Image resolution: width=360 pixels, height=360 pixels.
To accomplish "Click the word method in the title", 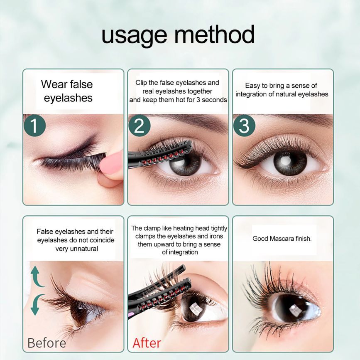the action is (214, 34).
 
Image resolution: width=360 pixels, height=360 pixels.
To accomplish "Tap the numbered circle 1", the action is (34, 126).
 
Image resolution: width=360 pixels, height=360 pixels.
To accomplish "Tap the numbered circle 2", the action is (140, 126).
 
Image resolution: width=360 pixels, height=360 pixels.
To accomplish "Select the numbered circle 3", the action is (244, 126).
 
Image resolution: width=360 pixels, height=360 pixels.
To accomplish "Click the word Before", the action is (47, 343).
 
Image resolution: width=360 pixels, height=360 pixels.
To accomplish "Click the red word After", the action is (147, 343).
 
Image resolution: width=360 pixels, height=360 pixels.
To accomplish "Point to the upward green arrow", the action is (36, 276).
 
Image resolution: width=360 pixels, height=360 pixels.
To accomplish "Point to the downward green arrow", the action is (37, 304).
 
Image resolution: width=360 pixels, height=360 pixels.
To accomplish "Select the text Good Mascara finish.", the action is (282, 239).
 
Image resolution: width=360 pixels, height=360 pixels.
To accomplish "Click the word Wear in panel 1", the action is (54, 84).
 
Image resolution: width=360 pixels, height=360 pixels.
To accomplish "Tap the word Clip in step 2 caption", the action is (141, 83).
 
